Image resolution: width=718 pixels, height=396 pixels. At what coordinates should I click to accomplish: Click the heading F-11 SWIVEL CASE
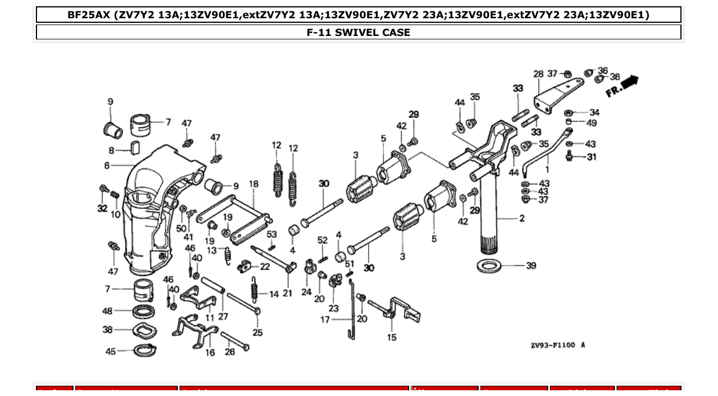pyautogui.click(x=358, y=33)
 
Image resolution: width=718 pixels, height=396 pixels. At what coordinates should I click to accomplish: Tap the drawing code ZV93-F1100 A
pyautogui.click(x=557, y=345)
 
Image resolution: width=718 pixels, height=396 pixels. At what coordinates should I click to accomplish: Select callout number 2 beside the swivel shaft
pyautogui.click(x=522, y=218)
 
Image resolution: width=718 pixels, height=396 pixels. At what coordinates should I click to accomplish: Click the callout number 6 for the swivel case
pyautogui.click(x=107, y=165)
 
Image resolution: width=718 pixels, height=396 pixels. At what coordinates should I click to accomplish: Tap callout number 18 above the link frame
pyautogui.click(x=254, y=184)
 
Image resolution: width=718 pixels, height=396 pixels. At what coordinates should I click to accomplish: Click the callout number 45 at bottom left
pyautogui.click(x=111, y=351)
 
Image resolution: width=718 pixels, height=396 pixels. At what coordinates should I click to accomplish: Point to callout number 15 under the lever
pyautogui.click(x=391, y=337)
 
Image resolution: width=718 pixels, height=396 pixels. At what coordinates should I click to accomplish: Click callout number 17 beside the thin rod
pyautogui.click(x=325, y=320)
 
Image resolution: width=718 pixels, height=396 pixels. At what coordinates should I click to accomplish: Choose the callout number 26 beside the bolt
pyautogui.click(x=229, y=351)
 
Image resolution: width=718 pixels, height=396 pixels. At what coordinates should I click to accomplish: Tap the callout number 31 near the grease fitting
pyautogui.click(x=591, y=157)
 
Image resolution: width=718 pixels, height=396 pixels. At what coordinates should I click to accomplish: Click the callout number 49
pyautogui.click(x=591, y=123)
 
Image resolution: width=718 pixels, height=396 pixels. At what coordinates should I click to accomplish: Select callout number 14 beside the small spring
pyautogui.click(x=274, y=294)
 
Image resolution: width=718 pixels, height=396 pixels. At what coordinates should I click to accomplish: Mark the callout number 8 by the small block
pyautogui.click(x=112, y=151)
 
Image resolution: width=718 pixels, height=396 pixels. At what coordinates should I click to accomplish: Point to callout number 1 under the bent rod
pyautogui.click(x=548, y=169)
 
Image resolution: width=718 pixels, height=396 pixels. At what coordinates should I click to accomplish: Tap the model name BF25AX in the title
pyautogui.click(x=88, y=15)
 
